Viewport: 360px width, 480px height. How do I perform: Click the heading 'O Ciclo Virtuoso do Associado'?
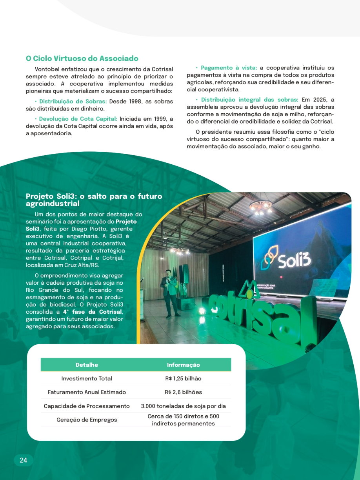click(x=82, y=58)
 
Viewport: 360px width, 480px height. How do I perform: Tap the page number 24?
click(x=24, y=460)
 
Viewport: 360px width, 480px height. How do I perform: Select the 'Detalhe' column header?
click(x=87, y=365)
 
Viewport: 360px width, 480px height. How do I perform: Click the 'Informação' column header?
click(x=183, y=365)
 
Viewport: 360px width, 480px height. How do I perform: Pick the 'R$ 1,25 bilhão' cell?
click(x=183, y=378)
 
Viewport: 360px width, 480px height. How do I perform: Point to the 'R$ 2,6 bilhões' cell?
click(x=183, y=392)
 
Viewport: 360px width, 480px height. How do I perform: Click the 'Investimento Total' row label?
click(x=87, y=378)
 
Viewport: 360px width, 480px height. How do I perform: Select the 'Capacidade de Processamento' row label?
click(x=87, y=406)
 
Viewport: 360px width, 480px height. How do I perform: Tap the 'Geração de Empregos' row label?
click(x=87, y=420)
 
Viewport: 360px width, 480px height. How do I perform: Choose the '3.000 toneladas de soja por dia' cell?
click(x=183, y=406)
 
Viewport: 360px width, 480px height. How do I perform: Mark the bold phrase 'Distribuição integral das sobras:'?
click(x=249, y=100)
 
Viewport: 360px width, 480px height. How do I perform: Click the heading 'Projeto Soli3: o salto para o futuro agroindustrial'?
click(x=94, y=200)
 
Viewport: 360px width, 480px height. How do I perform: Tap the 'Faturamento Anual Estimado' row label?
click(x=87, y=392)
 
